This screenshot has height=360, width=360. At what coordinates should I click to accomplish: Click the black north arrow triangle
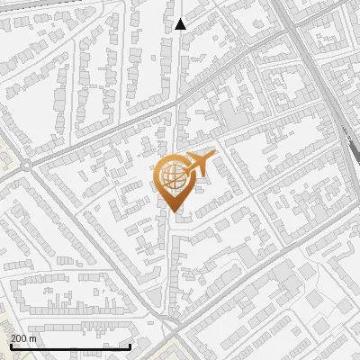tap(180, 24)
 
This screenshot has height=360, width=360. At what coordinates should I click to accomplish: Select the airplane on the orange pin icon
tap(197, 164)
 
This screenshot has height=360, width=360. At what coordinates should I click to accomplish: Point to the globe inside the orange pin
tap(172, 175)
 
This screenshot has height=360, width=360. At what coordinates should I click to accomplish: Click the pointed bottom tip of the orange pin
tap(173, 211)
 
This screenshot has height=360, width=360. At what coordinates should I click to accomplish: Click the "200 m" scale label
tap(24, 337)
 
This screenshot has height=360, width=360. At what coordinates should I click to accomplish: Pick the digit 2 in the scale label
tap(13, 337)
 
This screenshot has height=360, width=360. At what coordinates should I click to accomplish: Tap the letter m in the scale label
tap(34, 338)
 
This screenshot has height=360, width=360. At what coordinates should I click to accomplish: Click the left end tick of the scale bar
tap(10, 345)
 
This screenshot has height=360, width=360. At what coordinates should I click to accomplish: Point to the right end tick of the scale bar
tap(130, 345)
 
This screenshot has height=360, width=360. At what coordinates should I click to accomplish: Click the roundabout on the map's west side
tap(26, 165)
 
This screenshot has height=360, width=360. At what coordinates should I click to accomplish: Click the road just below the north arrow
tap(179, 54)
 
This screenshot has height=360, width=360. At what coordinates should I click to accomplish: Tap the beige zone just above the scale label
tap(13, 319)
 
